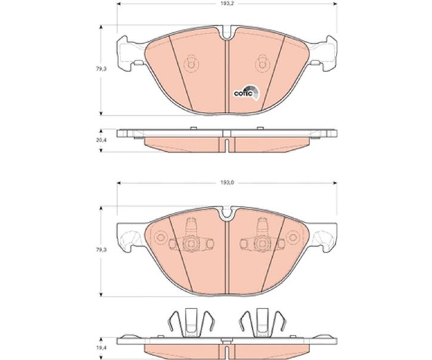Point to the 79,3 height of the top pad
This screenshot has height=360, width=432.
point(101,69)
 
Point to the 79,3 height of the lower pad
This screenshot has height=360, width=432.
point(101,250)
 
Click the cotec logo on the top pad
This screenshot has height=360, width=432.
point(246,92)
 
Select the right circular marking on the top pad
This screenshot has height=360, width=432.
point(262,64)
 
